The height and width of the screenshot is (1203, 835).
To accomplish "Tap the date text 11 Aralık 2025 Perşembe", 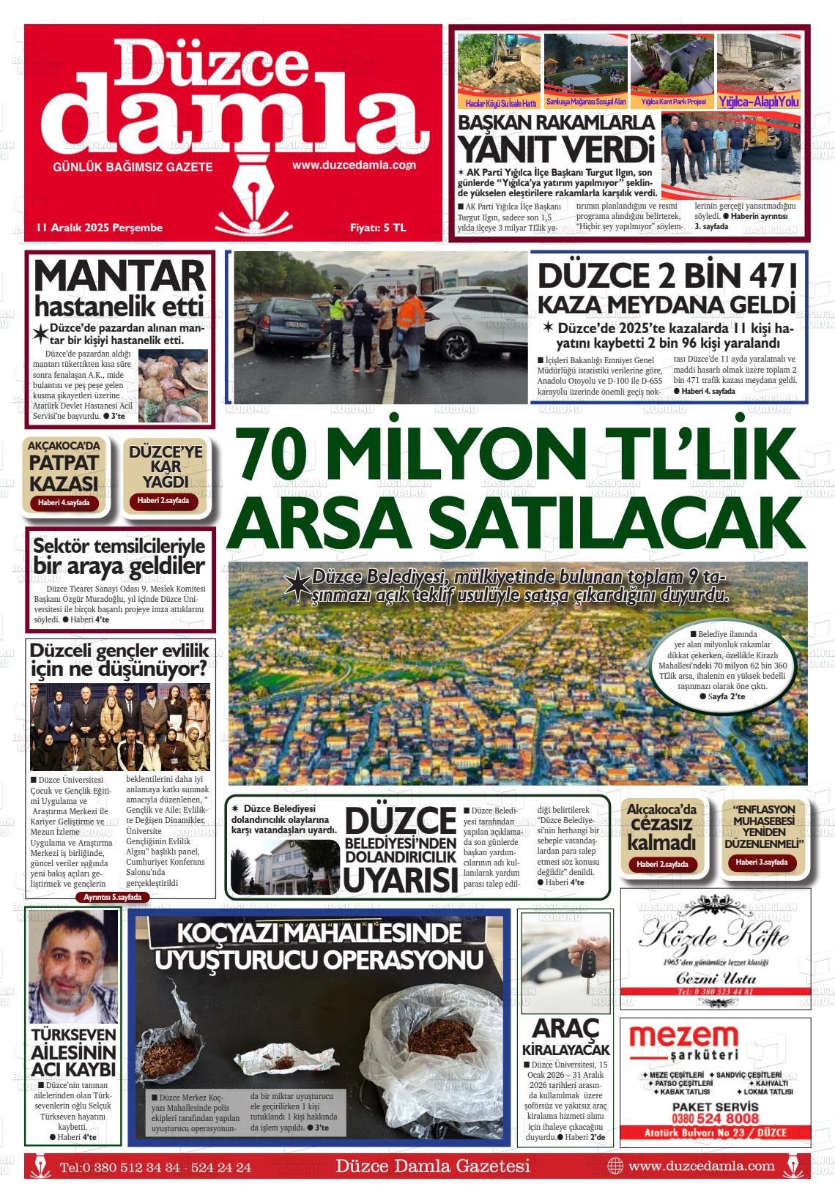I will coord(99,228).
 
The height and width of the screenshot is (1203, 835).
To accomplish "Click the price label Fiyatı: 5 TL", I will coord(377,228).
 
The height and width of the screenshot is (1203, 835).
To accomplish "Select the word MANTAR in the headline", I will coord(119,277).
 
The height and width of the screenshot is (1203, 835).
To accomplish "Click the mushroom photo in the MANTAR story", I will coord(173,386).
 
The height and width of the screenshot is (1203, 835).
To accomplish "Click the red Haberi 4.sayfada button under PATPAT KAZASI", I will coord(64,503).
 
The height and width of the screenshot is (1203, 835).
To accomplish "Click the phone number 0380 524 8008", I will coord(715,1118).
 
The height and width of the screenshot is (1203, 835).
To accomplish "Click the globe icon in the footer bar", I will coord(615,1166).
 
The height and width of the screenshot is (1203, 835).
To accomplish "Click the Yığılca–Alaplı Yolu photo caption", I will coord(758,102).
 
